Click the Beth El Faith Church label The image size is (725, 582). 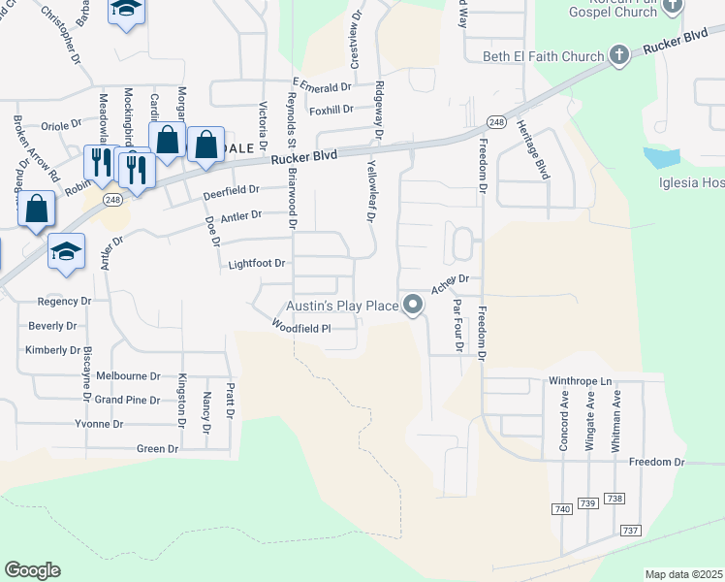tap(543, 56)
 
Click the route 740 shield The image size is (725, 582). tap(561, 509)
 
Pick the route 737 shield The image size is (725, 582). tap(631, 531)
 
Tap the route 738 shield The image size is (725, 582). tap(614, 499)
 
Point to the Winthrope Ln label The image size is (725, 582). tap(582, 382)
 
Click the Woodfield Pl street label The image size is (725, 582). tap(300, 329)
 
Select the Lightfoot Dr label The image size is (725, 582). tap(256, 263)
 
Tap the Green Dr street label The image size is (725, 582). tap(158, 448)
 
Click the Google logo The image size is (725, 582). tap(32, 570)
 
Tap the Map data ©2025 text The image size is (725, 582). tap(682, 574)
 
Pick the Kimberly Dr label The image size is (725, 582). tap(53, 350)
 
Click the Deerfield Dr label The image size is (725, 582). tap(231, 190)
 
